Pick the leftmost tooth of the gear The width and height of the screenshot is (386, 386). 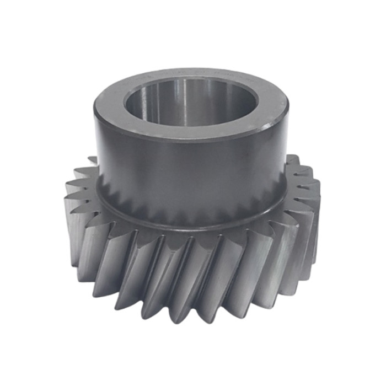(x=72, y=221)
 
